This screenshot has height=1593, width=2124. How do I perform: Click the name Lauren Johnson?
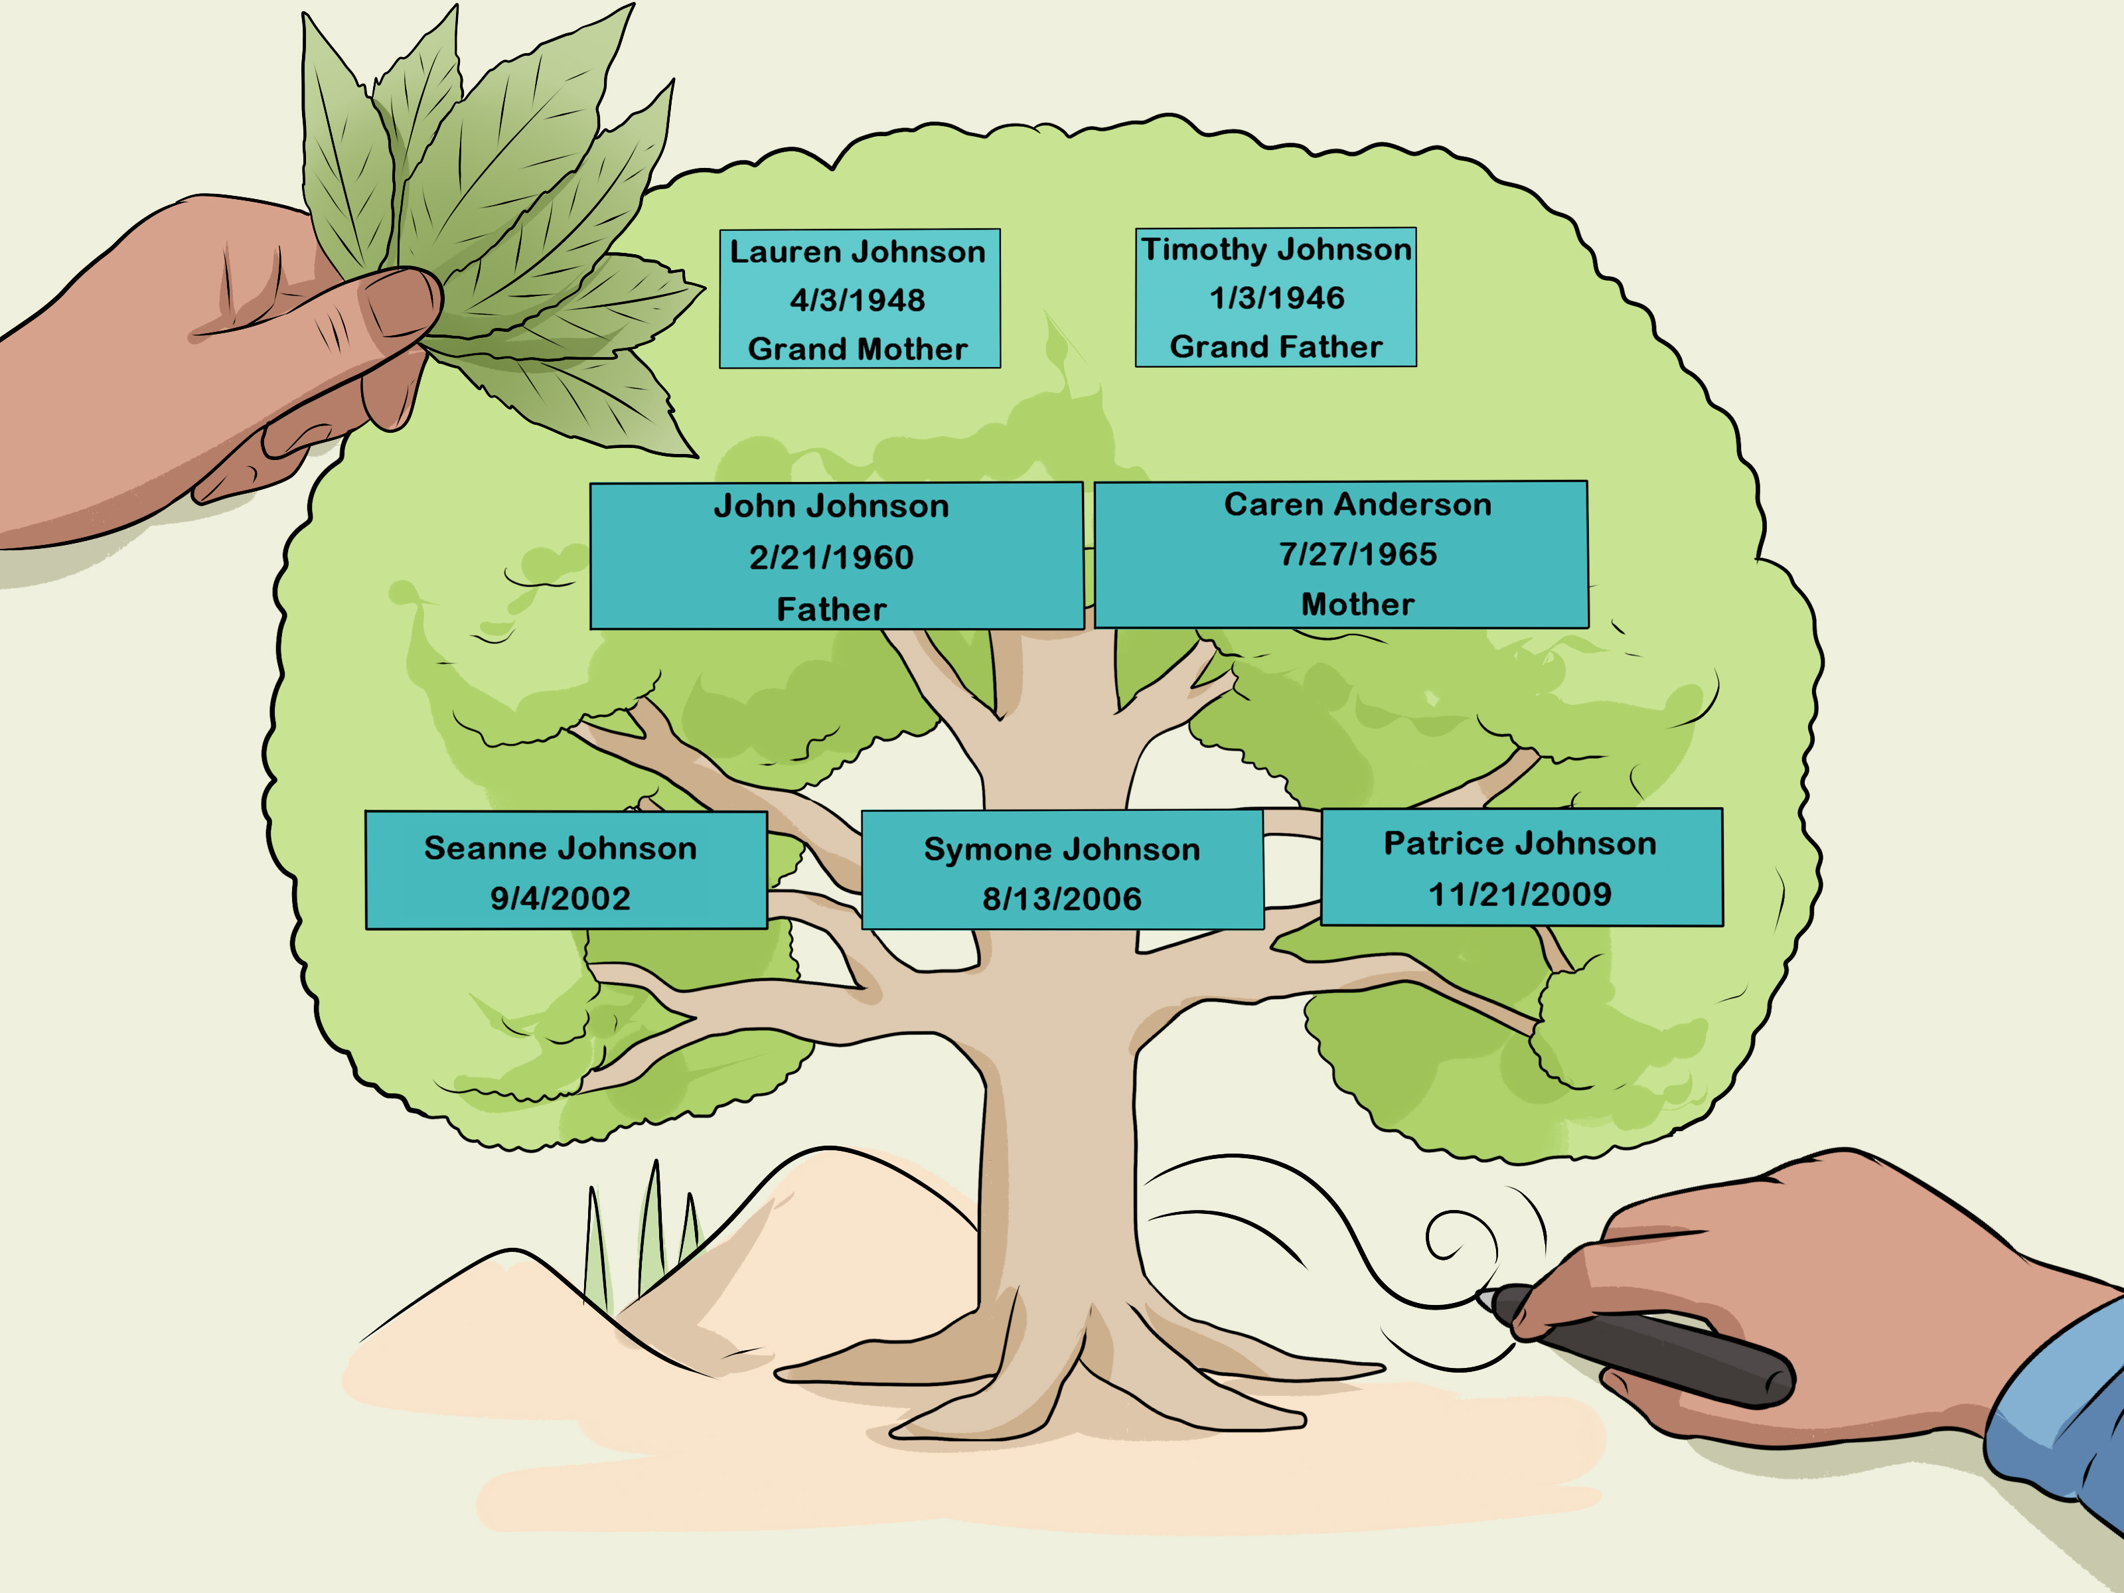858,252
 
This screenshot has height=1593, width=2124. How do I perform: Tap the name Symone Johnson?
1061,850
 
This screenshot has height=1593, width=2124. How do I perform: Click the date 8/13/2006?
1061,899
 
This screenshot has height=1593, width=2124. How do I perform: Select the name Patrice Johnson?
1519,843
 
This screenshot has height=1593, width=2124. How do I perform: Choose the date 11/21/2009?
1519,894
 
